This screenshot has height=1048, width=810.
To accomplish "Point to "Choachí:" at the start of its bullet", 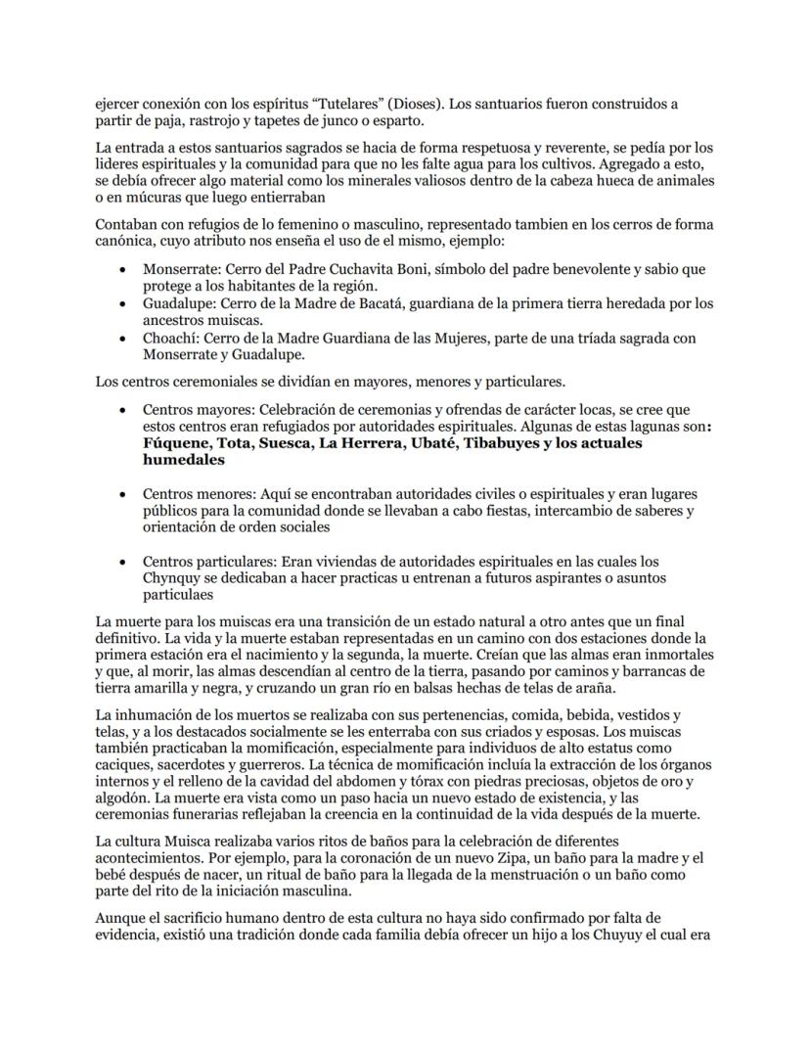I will [170, 339].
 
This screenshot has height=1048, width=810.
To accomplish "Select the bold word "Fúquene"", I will [179, 443].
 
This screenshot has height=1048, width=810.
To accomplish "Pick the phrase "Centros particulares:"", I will [209, 562].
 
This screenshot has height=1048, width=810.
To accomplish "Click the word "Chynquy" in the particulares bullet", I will [172, 578].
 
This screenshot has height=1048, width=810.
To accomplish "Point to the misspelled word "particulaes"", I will [179, 595].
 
